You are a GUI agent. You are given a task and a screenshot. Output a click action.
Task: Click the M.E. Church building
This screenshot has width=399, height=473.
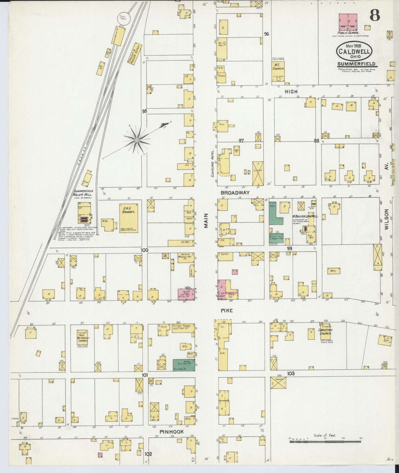[x=278, y=71]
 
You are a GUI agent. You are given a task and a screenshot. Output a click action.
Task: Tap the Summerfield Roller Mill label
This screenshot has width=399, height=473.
[x=83, y=193]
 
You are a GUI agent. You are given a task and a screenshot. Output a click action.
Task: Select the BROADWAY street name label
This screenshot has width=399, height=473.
[x=235, y=193]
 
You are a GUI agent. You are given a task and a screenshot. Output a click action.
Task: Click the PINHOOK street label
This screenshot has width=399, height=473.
[x=171, y=432]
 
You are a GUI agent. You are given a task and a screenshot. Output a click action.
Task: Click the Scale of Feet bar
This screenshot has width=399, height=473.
[x=325, y=442]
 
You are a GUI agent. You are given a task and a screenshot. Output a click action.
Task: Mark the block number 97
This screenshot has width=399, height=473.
[x=241, y=141]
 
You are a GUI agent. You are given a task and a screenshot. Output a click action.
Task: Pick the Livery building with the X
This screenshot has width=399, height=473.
[x=258, y=174]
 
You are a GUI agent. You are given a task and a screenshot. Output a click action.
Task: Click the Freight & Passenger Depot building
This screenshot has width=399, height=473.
[x=134, y=53]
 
